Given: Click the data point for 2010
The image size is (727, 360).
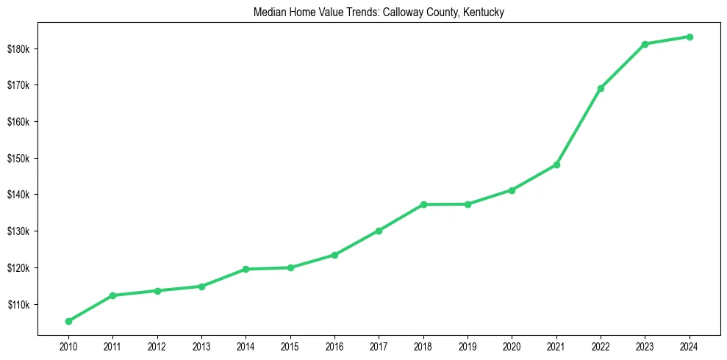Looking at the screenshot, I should [68, 321].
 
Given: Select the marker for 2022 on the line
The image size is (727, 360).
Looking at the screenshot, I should [601, 88].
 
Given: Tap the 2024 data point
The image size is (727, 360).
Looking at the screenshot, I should [690, 37].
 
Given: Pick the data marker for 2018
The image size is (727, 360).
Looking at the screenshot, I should [423, 204].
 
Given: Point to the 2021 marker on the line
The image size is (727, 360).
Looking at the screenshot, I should [556, 165].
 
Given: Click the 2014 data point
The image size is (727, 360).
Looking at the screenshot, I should [246, 269].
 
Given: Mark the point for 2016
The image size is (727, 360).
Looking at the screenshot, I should [334, 255].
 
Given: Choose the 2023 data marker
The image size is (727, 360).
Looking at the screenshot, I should [645, 44].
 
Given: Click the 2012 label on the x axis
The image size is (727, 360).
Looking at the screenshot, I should [157, 346].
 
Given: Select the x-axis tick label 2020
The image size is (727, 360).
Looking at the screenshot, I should [512, 346].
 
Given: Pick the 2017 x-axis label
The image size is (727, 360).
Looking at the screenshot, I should [379, 346].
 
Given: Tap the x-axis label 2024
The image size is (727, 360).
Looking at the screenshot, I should [690, 346].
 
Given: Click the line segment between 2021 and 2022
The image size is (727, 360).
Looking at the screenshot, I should [579, 126].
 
